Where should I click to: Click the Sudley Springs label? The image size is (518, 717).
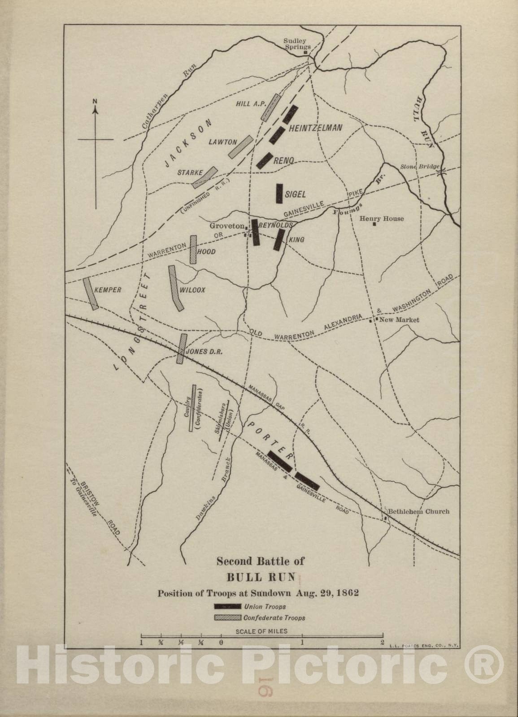pos(297,43)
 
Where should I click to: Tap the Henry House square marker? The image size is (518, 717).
pos(374,224)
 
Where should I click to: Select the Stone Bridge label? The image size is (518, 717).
pos(419,167)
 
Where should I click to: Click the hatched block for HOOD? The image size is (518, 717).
pos(193,249)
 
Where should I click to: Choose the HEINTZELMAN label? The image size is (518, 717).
pos(316,128)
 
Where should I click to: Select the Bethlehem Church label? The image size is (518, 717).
pos(418,511)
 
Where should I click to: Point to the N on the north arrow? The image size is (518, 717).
pos(95,101)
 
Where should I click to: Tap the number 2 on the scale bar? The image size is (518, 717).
pos(382,642)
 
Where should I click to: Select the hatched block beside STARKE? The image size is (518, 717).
pos(205,177)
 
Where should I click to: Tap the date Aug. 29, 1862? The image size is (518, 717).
pos(327,593)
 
